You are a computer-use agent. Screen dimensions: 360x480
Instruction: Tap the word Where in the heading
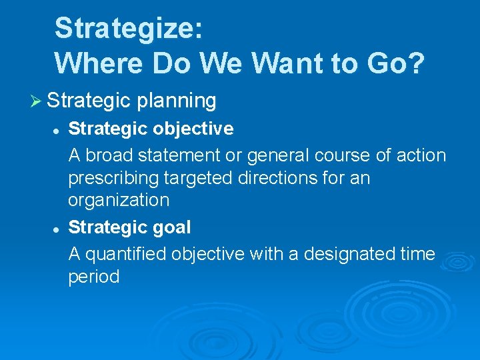[99, 63]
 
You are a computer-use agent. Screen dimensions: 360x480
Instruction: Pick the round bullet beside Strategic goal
[57, 228]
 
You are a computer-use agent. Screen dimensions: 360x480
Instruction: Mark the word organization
[119, 201]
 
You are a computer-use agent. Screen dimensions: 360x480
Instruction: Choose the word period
[94, 277]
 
